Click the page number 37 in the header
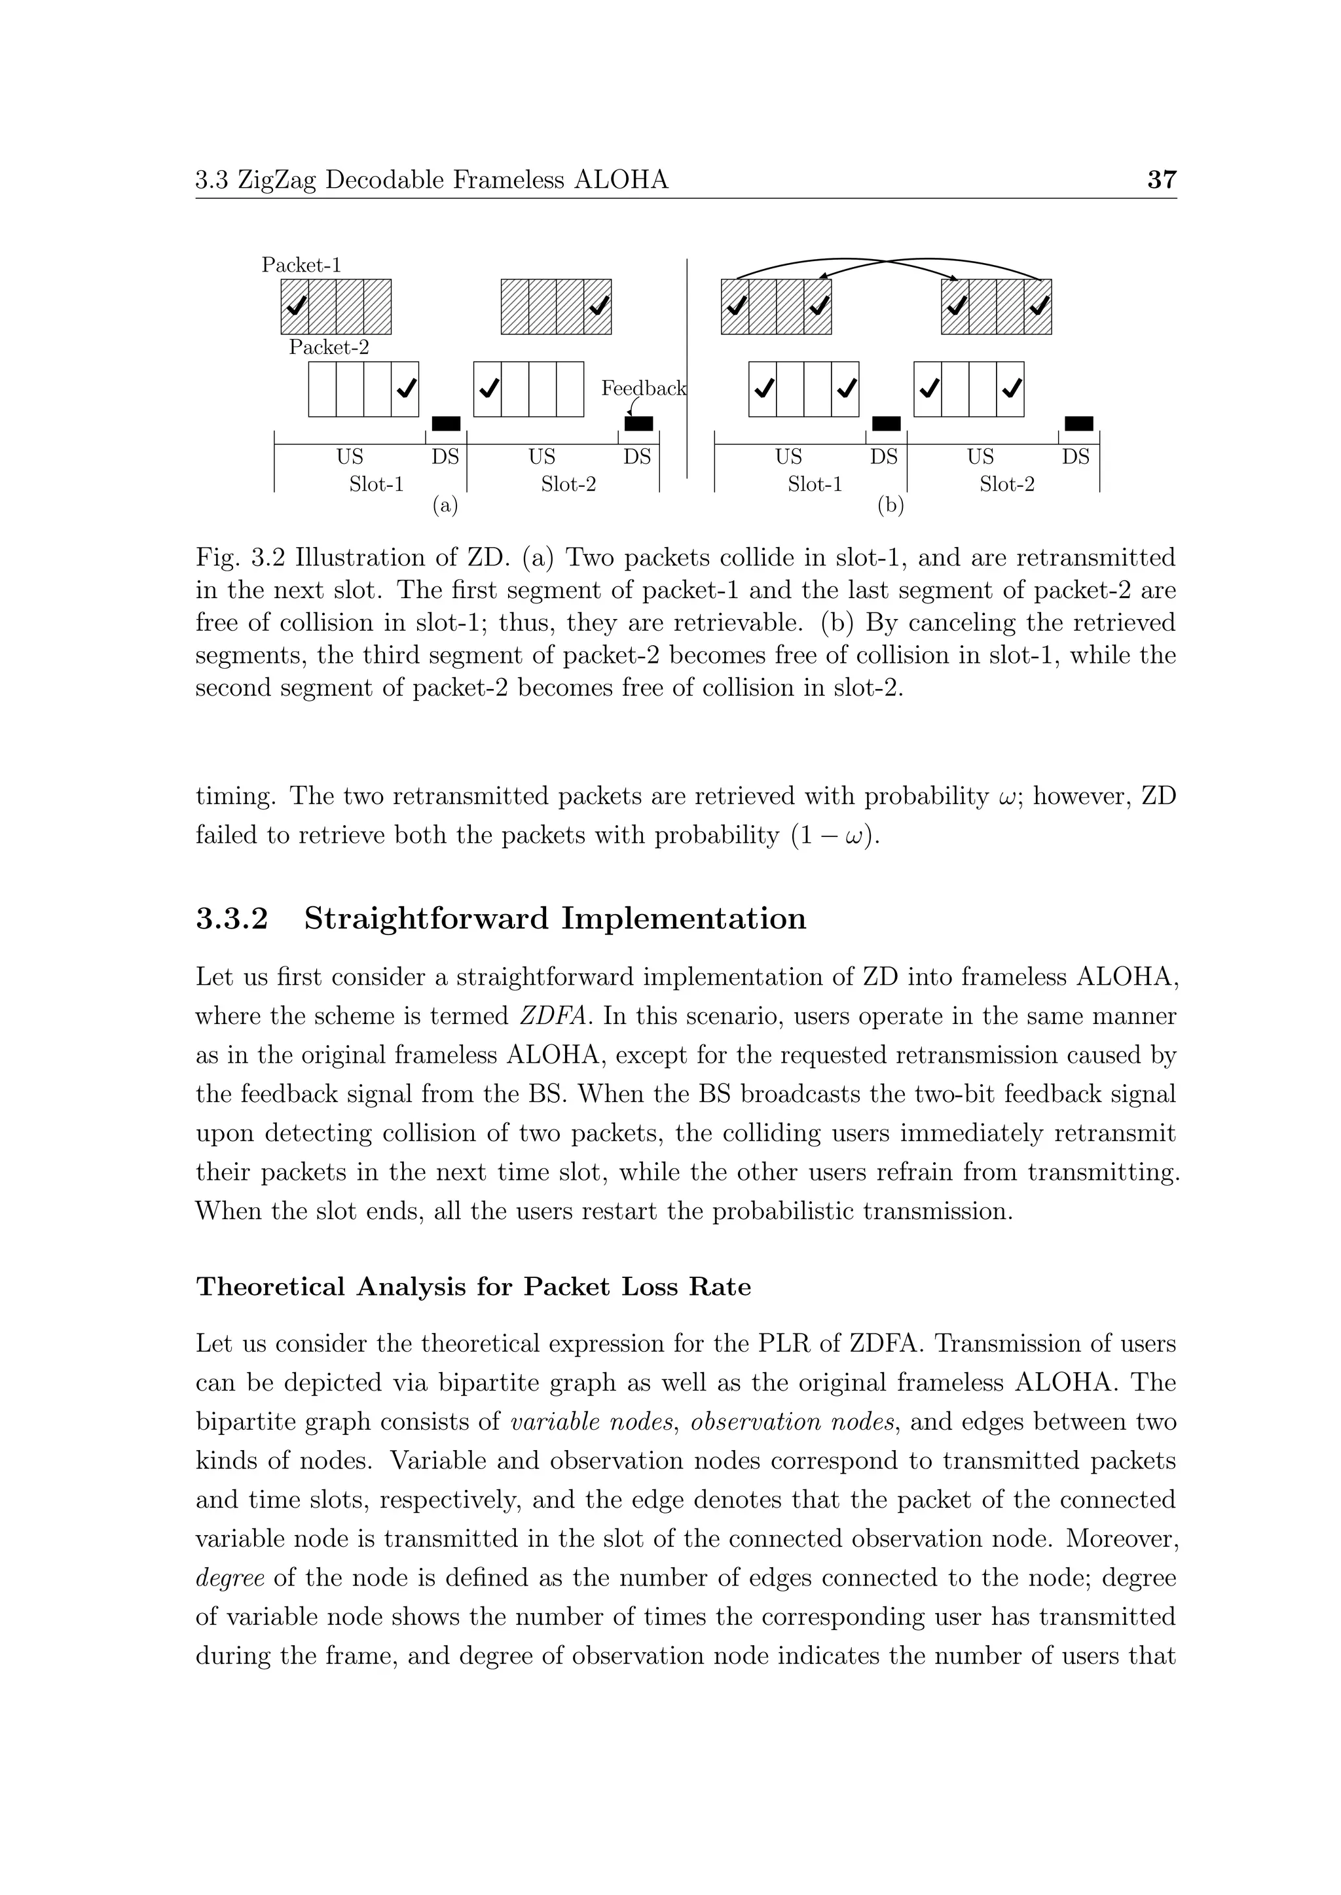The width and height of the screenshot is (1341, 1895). point(1161,179)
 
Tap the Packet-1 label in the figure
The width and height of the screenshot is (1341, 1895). point(301,265)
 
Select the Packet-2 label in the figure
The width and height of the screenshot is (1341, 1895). point(329,347)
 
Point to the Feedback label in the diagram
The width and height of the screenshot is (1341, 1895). point(643,388)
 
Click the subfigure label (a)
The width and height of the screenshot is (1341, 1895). point(445,505)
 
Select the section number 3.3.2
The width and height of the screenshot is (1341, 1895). point(232,919)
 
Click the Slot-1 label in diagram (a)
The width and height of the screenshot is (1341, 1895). point(377,484)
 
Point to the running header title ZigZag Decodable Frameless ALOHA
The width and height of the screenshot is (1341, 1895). point(452,179)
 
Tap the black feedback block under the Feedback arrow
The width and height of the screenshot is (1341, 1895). point(638,424)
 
